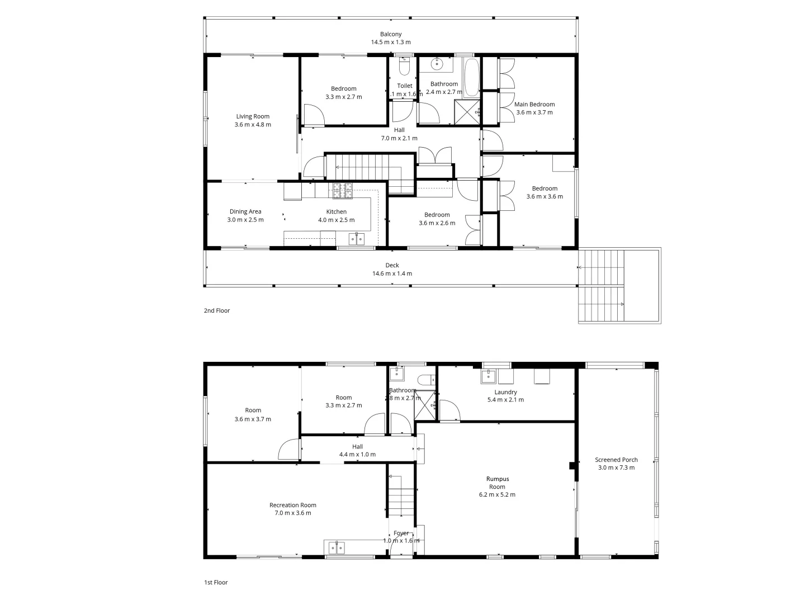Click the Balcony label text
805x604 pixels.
[391, 35]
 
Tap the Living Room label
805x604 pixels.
[253, 117]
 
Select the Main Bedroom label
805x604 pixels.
[534, 105]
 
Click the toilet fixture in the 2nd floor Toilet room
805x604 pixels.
[405, 67]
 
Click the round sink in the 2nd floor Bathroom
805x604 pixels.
[437, 64]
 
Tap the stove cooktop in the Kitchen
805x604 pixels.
[343, 191]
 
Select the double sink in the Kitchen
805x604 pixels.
[357, 239]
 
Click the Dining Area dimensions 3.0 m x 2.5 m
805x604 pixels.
[245, 220]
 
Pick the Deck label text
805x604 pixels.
[392, 266]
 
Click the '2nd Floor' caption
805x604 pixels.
[217, 310]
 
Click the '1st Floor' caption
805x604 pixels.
[216, 582]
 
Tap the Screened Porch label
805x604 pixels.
[616, 460]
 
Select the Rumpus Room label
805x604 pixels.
[497, 483]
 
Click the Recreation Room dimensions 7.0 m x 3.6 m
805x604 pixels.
[292, 513]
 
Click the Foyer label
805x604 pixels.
[401, 533]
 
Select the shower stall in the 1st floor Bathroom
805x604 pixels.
[425, 405]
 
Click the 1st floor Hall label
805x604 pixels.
[357, 446]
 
